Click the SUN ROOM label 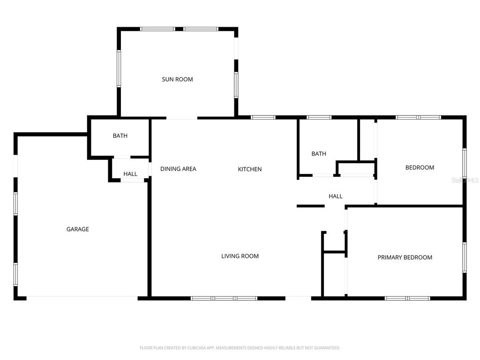click(177, 80)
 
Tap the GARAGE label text click(77, 229)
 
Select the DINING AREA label click(178, 169)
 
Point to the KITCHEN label click(250, 169)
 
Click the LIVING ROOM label click(240, 256)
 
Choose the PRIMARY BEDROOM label click(405, 257)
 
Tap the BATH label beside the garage click(120, 136)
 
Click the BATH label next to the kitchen click(319, 154)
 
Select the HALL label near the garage click(130, 174)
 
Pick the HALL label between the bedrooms click(336, 196)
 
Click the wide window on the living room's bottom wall click(224, 298)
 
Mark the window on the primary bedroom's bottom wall click(407, 298)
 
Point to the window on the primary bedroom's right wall click(464, 257)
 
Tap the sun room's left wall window click(119, 69)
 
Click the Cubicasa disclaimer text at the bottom click(240, 348)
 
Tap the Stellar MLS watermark click(469, 180)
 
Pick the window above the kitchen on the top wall click(263, 117)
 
